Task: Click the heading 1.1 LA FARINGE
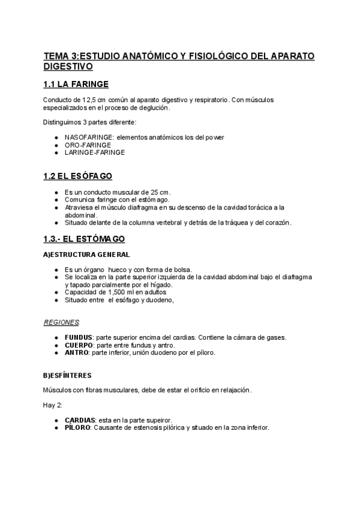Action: pyautogui.click(x=76, y=84)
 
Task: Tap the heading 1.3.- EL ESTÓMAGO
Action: pyautogui.click(x=84, y=239)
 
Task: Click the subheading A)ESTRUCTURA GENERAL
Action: pyautogui.click(x=86, y=254)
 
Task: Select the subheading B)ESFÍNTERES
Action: pyautogui.click(x=67, y=375)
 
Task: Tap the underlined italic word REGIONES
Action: pyautogui.click(x=58, y=322)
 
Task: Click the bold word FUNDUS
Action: pyautogui.click(x=78, y=337)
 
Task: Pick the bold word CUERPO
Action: pyautogui.click(x=79, y=345)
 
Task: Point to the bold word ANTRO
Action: pyautogui.click(x=76, y=353)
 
